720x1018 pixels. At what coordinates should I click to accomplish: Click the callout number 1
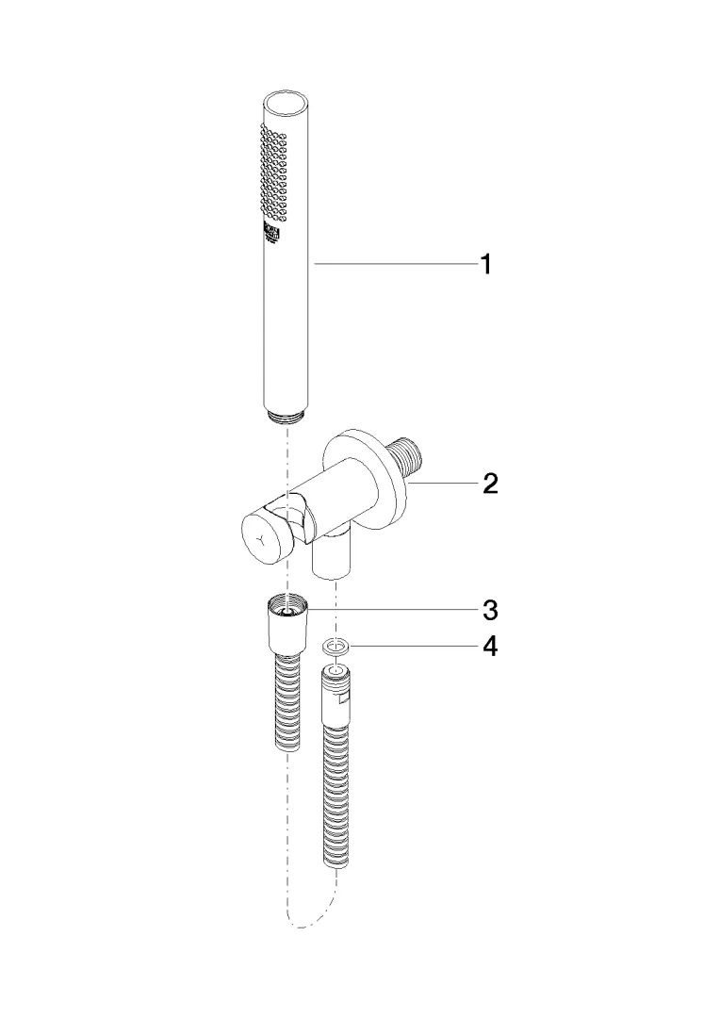click(485, 265)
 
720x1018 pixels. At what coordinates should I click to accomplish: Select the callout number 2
click(489, 484)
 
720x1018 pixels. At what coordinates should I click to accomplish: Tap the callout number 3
click(489, 610)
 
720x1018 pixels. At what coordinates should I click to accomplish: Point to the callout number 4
click(489, 649)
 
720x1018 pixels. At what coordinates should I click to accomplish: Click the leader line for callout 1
click(396, 266)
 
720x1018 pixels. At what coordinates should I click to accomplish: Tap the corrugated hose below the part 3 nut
click(286, 702)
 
